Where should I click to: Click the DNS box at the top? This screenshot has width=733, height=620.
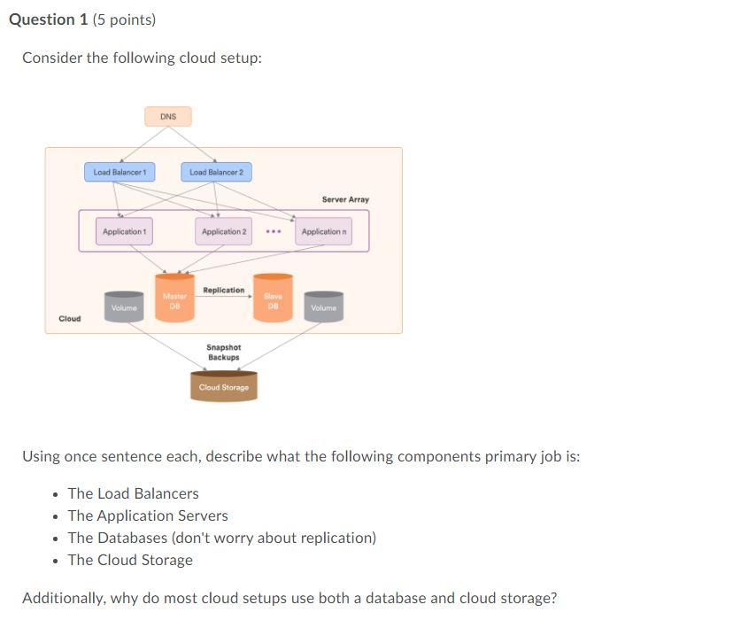[168, 117]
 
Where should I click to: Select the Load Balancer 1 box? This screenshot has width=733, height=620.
[120, 172]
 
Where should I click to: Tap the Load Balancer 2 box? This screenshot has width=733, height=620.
[216, 172]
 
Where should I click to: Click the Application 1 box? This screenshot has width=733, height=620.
[125, 232]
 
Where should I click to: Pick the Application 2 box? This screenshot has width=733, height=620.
[224, 232]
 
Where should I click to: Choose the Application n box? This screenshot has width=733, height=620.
[323, 232]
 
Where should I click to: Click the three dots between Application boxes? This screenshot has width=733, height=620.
[274, 232]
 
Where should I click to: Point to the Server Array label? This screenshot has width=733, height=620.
[345, 200]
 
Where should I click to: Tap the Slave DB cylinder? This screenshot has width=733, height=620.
[273, 300]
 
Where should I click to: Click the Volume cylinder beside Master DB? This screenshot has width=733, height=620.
[124, 306]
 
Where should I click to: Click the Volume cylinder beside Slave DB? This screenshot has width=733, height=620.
[324, 306]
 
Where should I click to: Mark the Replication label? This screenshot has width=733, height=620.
[223, 291]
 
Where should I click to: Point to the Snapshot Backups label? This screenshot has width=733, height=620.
[223, 353]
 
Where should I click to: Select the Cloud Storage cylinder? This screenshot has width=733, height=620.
[223, 387]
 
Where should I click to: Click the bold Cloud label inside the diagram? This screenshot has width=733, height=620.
[69, 319]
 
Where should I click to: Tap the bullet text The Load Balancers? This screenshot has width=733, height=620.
[133, 493]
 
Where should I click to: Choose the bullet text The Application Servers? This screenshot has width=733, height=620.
[148, 515]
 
